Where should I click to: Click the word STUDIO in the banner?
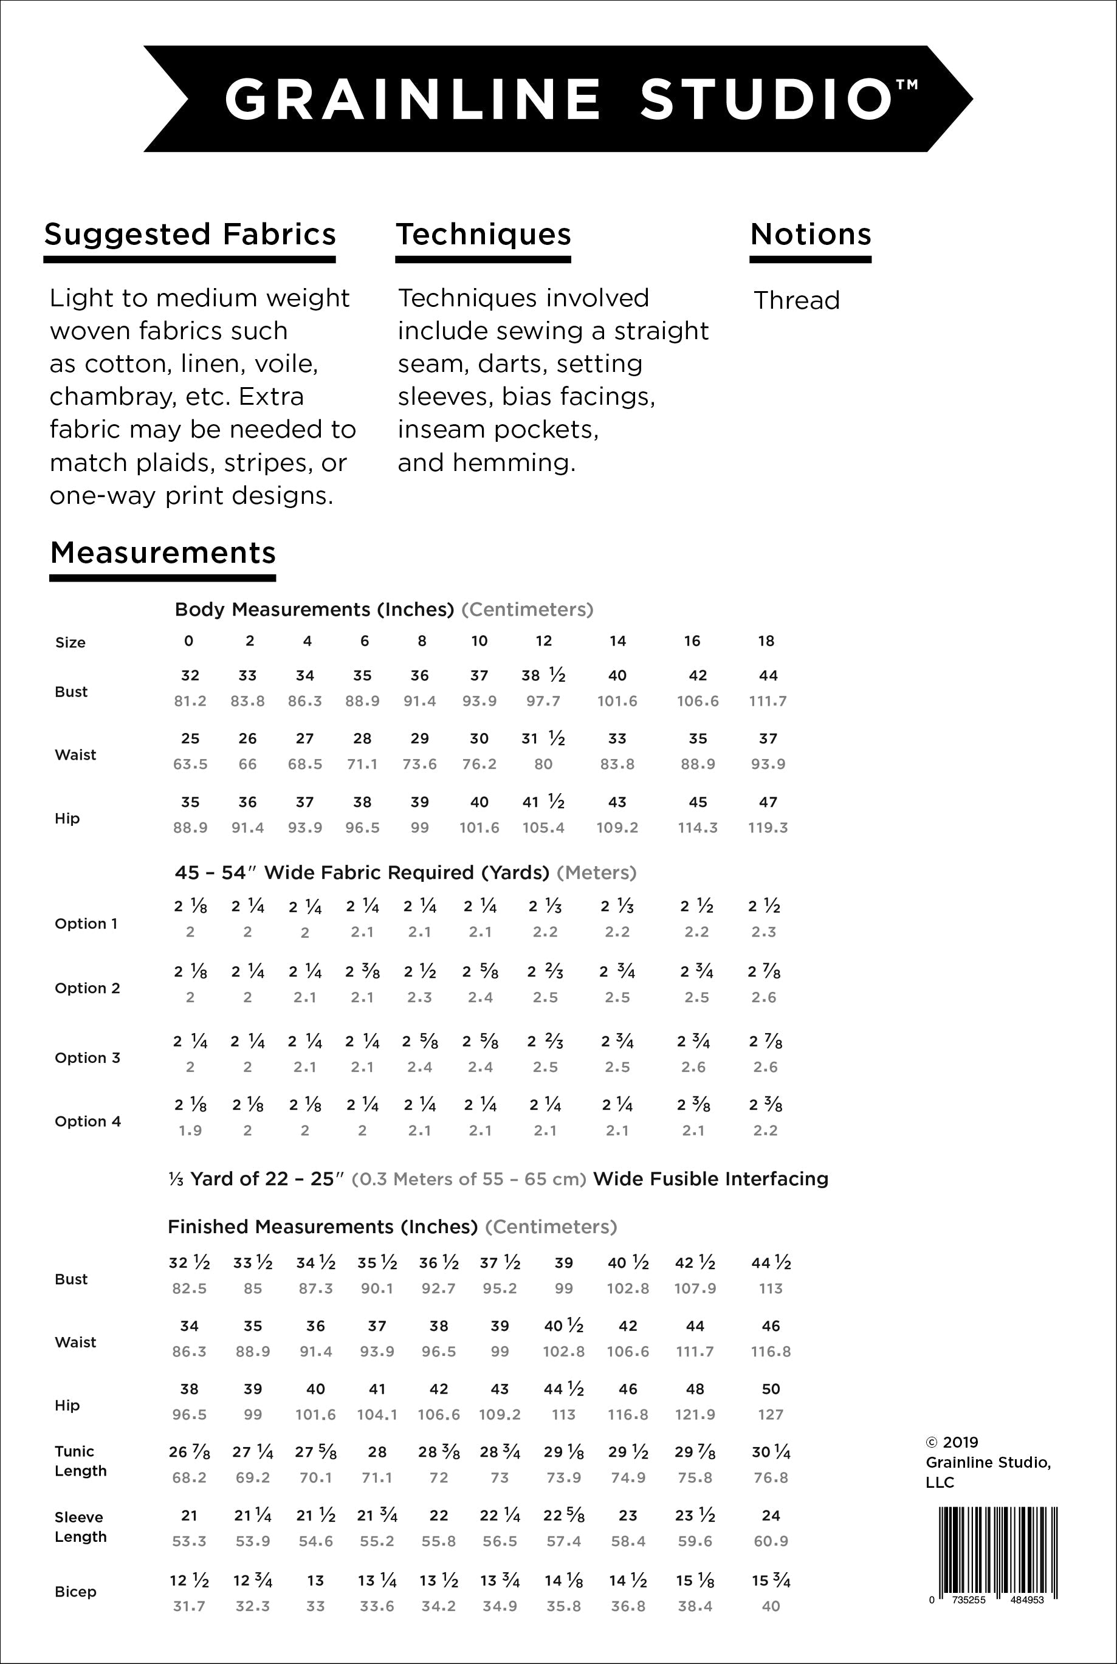(766, 99)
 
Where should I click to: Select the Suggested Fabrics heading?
(190, 235)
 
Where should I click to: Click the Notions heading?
(811, 235)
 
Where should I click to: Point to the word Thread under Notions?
(797, 301)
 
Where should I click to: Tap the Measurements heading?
(163, 553)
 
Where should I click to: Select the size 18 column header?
(766, 641)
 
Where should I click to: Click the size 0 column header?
(189, 641)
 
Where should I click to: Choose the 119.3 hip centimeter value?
(767, 828)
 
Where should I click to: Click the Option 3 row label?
(88, 1058)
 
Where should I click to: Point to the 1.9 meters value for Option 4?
(190, 1130)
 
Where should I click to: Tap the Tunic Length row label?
(80, 1461)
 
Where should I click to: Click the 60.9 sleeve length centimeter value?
(771, 1541)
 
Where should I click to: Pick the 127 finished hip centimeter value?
(771, 1415)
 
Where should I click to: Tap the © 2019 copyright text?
(952, 1442)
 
